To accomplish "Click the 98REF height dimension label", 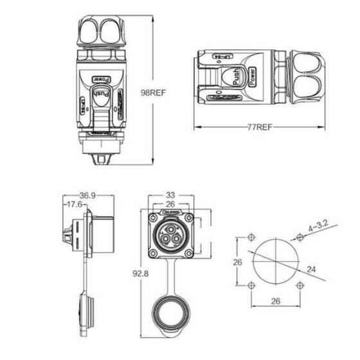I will (154, 92).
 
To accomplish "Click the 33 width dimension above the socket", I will (171, 195).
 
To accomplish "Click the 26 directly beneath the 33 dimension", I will (171, 205).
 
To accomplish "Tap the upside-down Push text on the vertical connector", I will (102, 98).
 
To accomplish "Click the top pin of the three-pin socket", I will (171, 230).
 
